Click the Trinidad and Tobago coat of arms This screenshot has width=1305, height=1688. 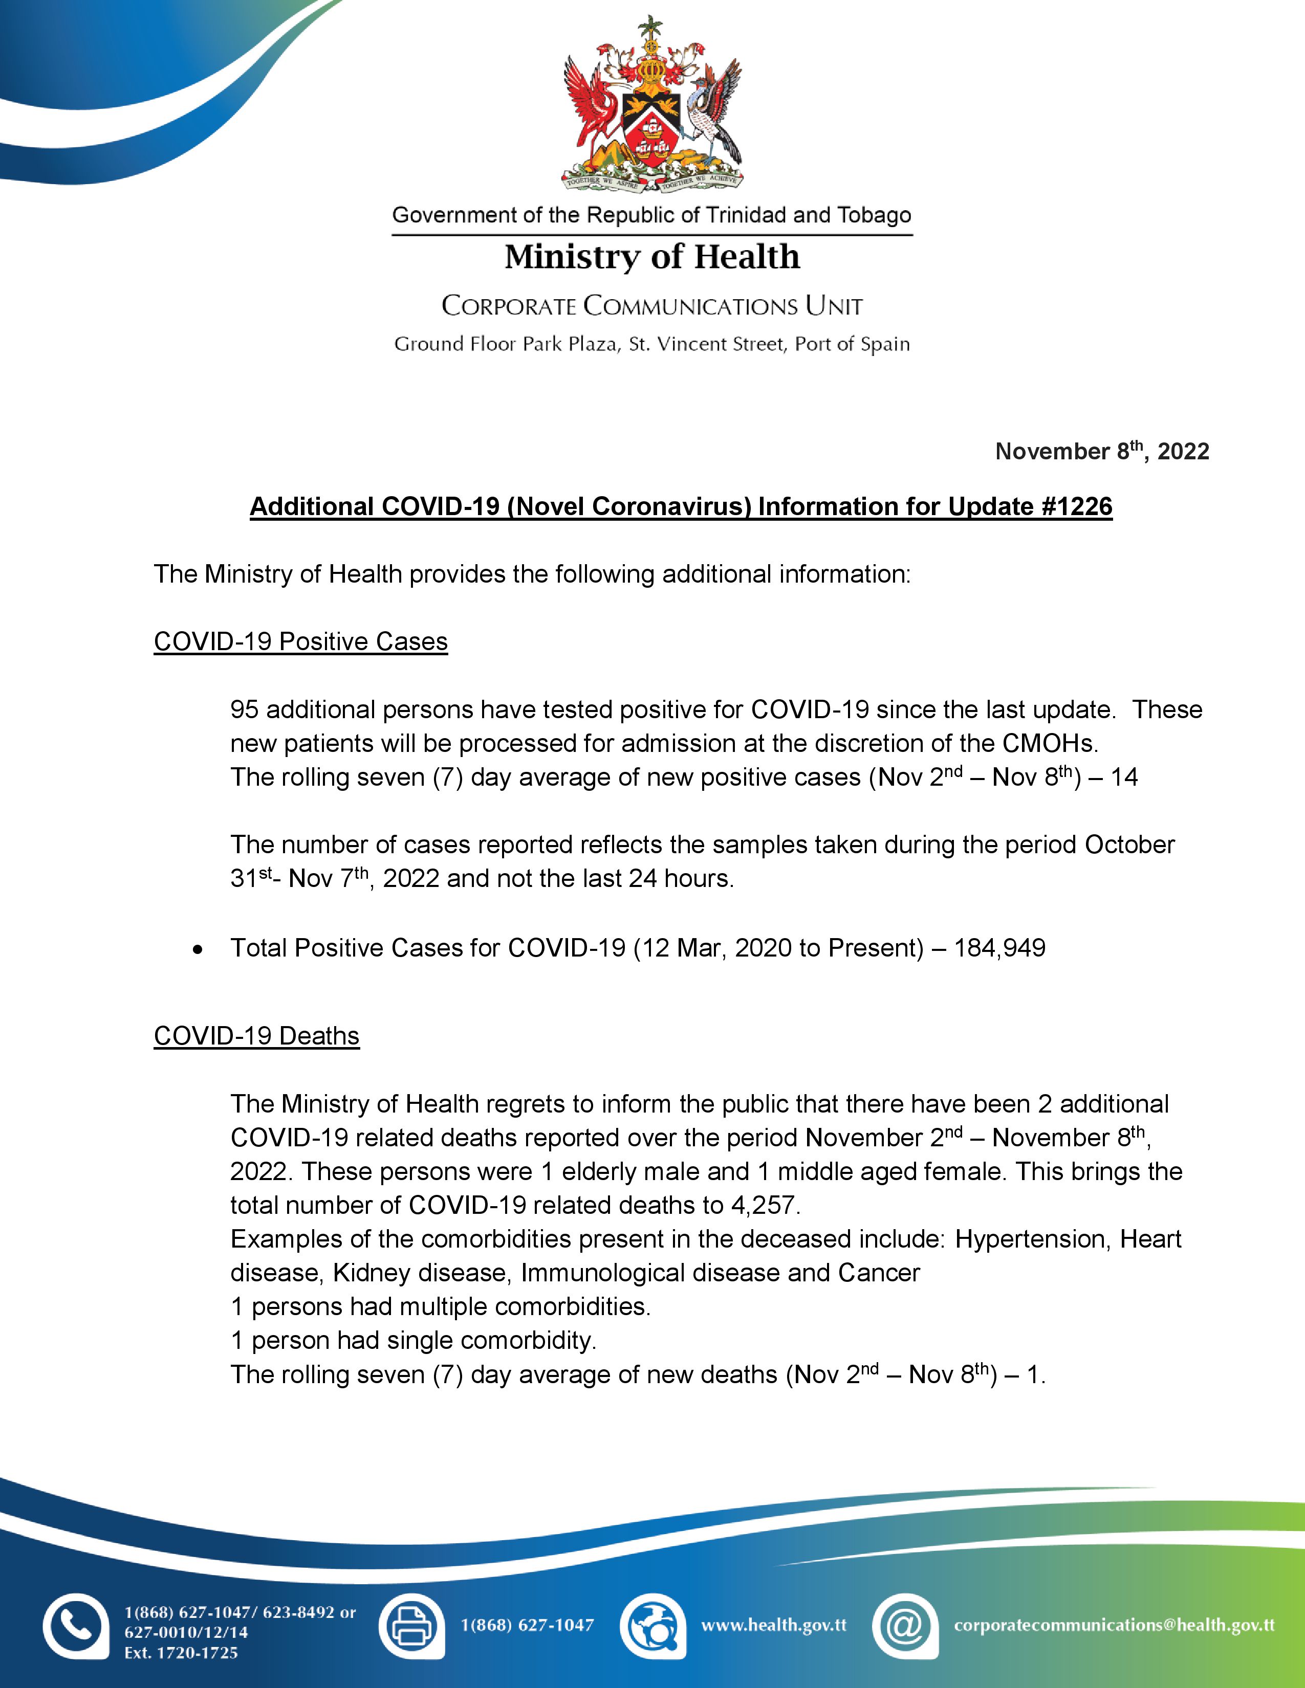coord(651,104)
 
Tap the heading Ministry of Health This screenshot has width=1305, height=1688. coord(651,257)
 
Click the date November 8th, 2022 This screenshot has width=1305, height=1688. coord(1102,451)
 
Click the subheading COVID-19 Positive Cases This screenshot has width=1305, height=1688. coord(301,641)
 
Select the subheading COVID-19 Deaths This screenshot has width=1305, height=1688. coord(257,1036)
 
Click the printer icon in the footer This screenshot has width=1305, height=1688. coord(411,1626)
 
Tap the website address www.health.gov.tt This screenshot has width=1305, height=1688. coord(774,1626)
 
